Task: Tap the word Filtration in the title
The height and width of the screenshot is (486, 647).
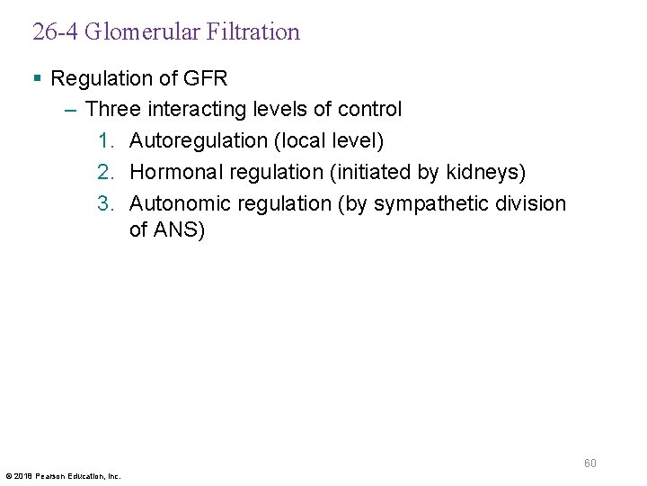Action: (x=252, y=32)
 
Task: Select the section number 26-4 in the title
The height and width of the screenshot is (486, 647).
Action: (x=56, y=32)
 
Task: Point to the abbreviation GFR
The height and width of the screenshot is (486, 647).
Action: (x=207, y=78)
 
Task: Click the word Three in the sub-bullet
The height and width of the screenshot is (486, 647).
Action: (x=112, y=110)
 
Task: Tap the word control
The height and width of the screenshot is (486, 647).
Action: (x=369, y=110)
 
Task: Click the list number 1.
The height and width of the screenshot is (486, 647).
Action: (x=106, y=141)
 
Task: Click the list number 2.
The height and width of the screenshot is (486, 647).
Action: (x=106, y=172)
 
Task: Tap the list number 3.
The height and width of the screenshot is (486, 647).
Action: (x=106, y=203)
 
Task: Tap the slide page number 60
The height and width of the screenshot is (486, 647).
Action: (x=590, y=463)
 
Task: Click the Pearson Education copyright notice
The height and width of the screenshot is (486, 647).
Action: (x=63, y=475)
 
